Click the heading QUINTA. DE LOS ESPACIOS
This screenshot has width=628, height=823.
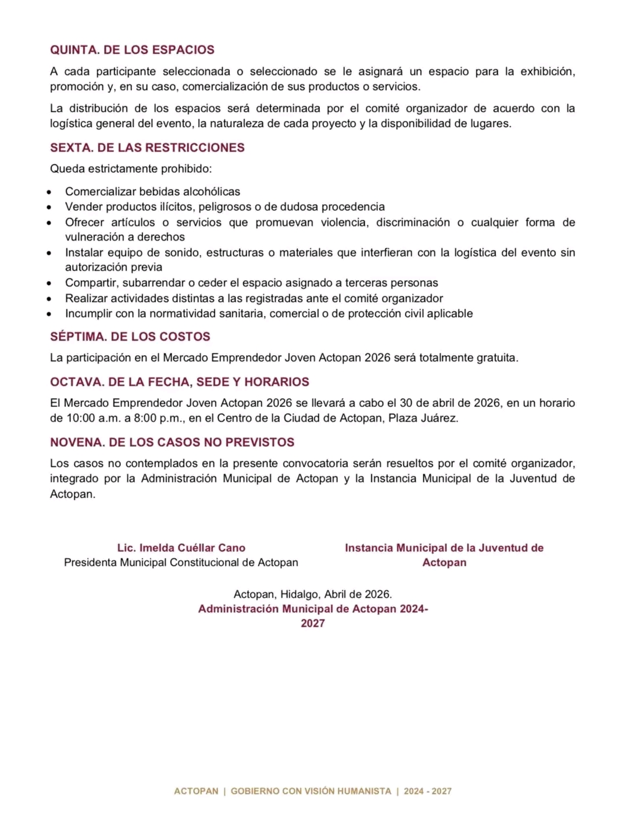[132, 50]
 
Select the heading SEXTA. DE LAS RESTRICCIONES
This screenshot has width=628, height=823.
[147, 148]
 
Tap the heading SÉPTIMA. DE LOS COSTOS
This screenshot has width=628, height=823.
[130, 337]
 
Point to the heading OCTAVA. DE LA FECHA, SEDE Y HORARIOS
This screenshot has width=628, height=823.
[180, 382]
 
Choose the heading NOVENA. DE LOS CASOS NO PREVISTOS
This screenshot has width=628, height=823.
[172, 442]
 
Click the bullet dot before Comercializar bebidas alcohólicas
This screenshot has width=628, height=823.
[50, 192]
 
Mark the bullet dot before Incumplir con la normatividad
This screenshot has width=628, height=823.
[50, 314]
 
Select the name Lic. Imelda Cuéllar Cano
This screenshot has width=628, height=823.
[181, 548]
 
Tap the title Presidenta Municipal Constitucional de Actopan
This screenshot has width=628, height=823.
[181, 563]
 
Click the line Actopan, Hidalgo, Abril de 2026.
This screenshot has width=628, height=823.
[313, 595]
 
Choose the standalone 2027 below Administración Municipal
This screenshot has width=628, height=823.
[313, 624]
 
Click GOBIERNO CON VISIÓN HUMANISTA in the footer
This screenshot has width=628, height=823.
[311, 792]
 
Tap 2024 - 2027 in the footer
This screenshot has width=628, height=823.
[427, 792]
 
